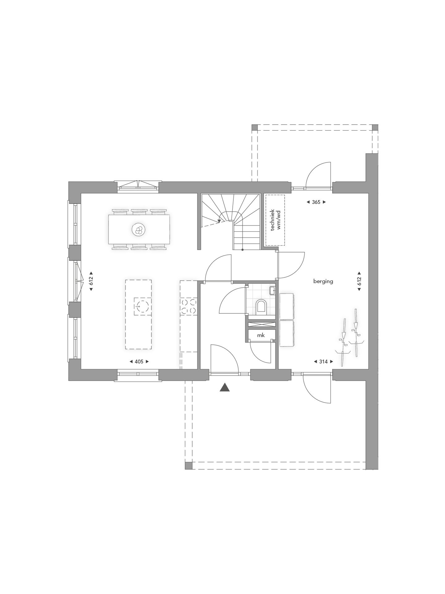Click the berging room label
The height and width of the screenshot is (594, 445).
coord(323,282)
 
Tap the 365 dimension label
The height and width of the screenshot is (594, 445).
coord(316,202)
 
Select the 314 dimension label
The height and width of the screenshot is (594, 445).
coord(323,361)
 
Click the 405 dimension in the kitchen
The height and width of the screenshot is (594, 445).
coord(139,361)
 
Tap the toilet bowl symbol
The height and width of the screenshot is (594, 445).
coord(261,306)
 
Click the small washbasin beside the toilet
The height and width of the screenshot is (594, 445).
coord(272,291)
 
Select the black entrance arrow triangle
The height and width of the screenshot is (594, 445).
coord(225,388)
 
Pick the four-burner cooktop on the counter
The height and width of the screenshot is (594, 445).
coord(189,306)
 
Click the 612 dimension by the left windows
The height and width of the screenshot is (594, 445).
coord(91,281)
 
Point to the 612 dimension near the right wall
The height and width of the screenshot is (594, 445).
coord(359,281)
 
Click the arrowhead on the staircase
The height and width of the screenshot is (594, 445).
coord(219,221)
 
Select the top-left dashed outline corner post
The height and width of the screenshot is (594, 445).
coord(254,128)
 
